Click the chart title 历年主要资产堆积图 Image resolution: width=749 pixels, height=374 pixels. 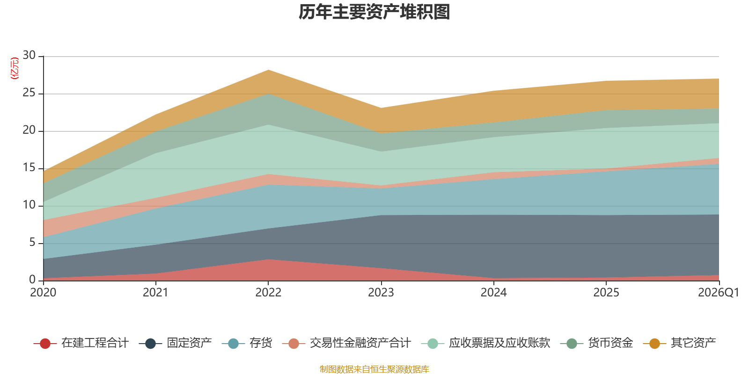tap(374, 12)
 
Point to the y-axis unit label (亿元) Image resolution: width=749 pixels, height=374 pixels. tap(15, 68)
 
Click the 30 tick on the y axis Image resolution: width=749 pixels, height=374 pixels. tap(29, 55)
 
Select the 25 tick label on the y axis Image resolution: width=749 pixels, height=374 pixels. tap(29, 93)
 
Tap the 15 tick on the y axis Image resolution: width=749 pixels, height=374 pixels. tap(29, 167)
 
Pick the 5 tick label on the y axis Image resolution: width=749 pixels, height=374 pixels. tap(32, 242)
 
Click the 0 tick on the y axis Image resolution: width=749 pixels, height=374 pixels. tap(32, 280)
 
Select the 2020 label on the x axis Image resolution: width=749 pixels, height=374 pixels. tap(43, 293)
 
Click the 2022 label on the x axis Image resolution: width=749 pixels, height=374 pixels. tap(268, 293)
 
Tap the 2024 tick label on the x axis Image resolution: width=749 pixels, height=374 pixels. tap(493, 293)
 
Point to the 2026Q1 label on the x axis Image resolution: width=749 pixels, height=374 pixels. tap(718, 293)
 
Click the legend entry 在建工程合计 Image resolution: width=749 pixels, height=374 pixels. tap(81, 343)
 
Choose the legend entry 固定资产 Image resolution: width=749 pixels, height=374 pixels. tap(175, 343)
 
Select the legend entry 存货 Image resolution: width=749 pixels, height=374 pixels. tap(247, 343)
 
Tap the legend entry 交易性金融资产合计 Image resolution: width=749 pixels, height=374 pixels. tap(346, 343)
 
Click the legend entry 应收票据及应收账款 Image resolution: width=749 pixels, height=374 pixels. tap(485, 343)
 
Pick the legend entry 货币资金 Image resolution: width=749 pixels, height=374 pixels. tap(596, 343)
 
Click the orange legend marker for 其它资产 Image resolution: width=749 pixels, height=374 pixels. tap(654, 344)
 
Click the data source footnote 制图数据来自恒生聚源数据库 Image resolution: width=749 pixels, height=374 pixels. tap(374, 369)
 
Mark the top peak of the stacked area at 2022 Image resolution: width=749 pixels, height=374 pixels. tap(268, 70)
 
